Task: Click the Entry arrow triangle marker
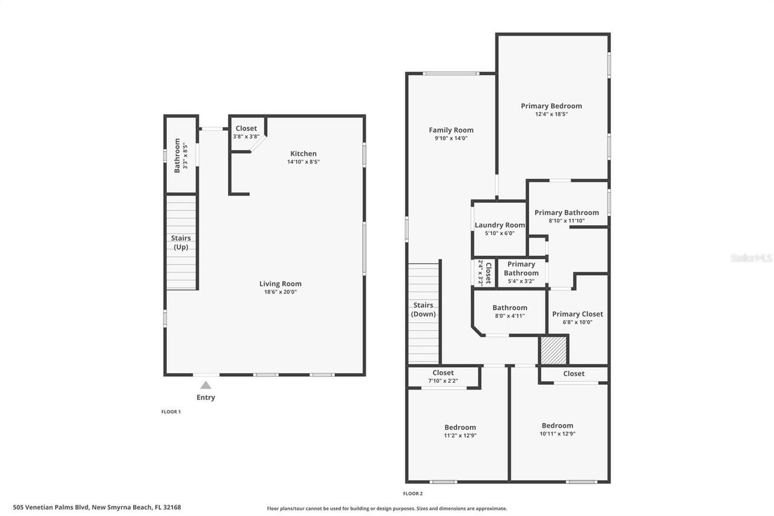[206, 385]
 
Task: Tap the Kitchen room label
[303, 154]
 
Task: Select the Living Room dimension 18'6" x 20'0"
[280, 292]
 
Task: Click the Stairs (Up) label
[181, 243]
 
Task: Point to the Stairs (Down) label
[423, 310]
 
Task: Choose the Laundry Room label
[499, 225]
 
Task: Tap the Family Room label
[451, 130]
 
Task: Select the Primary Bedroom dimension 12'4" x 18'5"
[551, 114]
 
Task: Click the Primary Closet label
[577, 314]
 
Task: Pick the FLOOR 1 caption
[171, 412]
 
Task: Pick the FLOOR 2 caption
[412, 494]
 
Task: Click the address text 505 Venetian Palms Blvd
[97, 508]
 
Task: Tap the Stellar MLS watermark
[751, 258]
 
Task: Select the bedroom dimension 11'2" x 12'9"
[460, 436]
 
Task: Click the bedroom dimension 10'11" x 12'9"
[557, 434]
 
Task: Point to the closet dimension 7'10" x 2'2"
[443, 381]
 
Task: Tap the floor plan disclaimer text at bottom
[387, 509]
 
